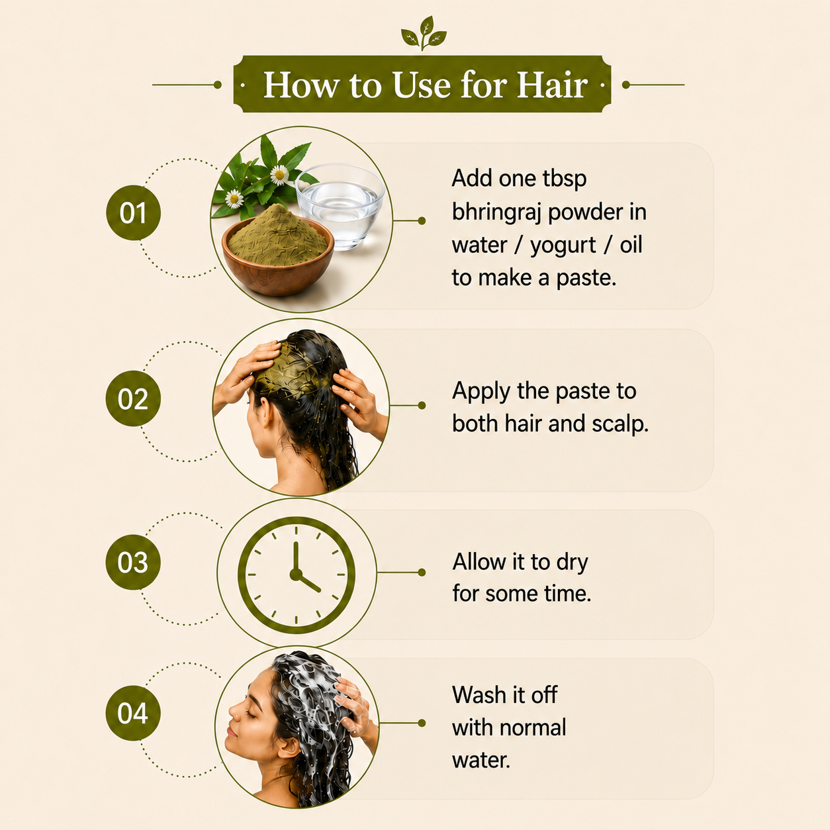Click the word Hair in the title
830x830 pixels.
click(552, 85)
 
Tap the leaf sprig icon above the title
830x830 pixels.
click(424, 33)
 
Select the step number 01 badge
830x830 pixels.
click(133, 212)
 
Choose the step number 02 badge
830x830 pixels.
click(133, 398)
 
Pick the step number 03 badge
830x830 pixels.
click(133, 562)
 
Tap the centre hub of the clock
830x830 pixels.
click(296, 574)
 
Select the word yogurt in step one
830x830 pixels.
click(563, 246)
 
